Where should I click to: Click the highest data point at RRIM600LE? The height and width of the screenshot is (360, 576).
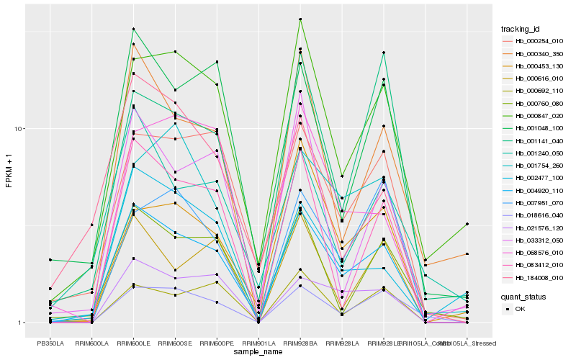point(133,29)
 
